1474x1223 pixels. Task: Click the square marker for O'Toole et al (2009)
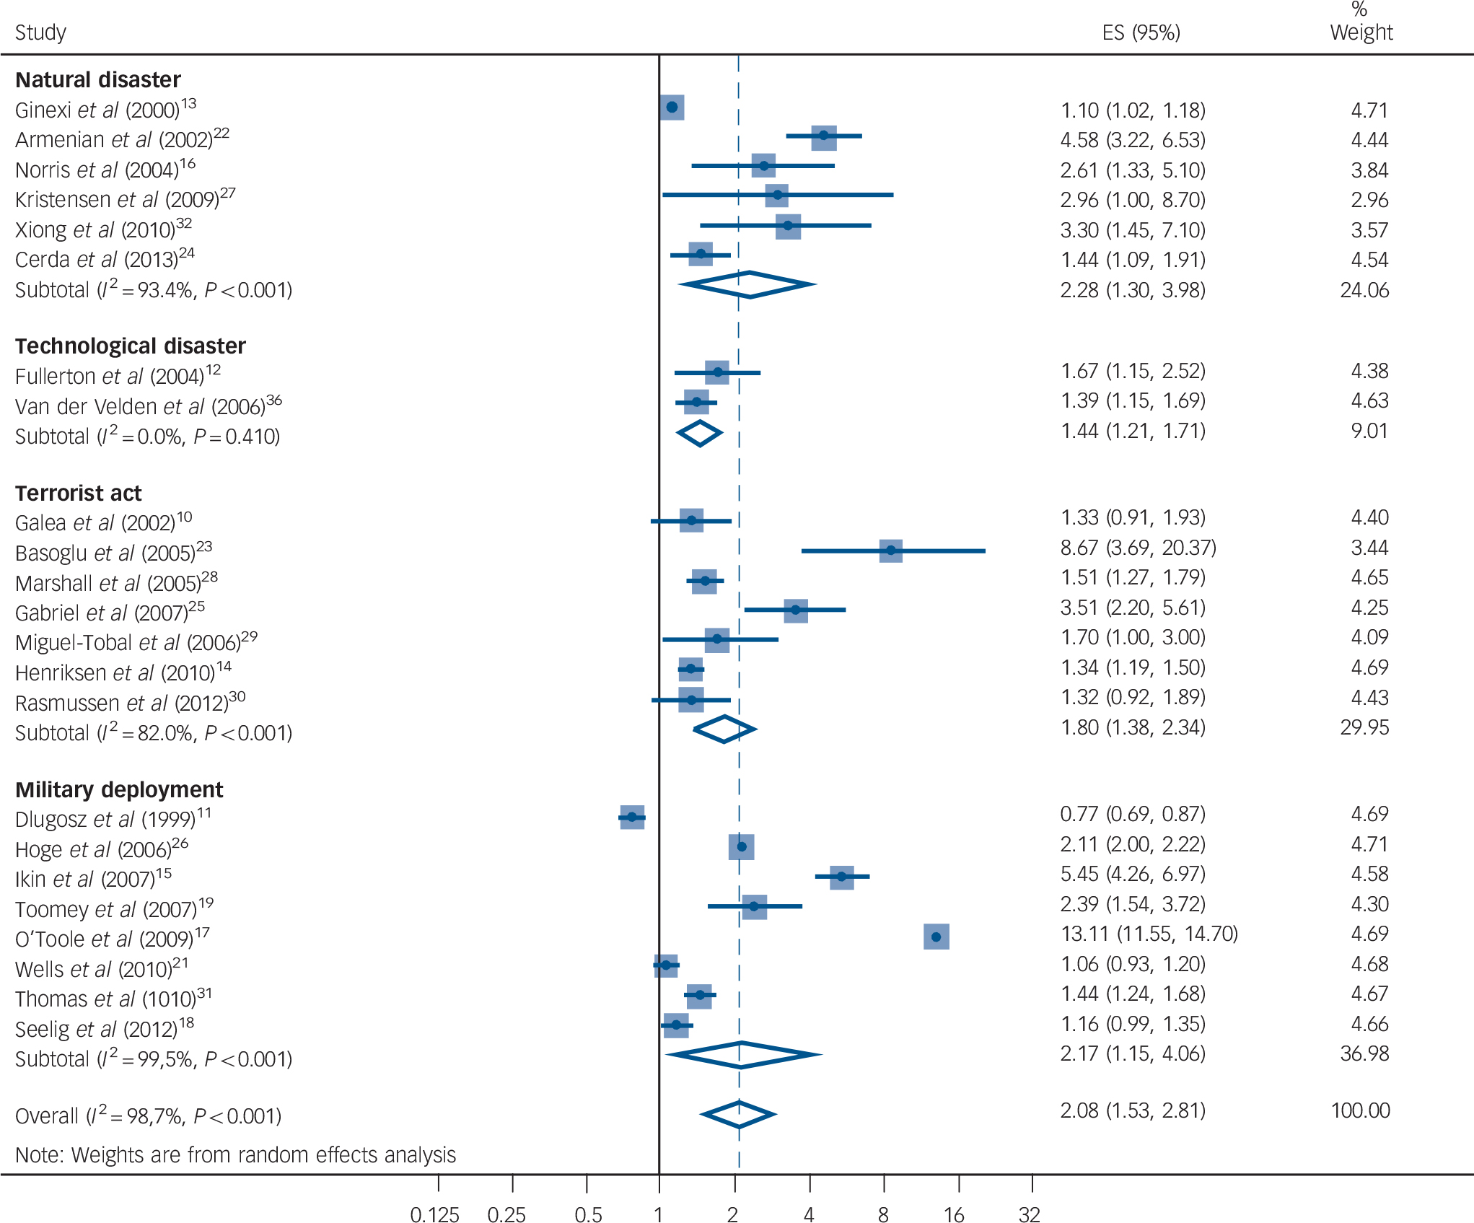tap(936, 937)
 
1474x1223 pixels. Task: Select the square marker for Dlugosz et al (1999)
tap(632, 817)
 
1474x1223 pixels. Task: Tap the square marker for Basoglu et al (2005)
tap(891, 551)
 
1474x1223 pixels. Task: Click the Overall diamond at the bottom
tap(738, 1115)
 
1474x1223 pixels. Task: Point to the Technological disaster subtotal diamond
tap(699, 434)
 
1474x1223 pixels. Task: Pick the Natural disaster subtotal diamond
tap(748, 285)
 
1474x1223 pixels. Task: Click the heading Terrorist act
tap(79, 494)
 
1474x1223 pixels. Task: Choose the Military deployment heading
tap(119, 790)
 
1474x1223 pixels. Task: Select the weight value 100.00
tap(1360, 1110)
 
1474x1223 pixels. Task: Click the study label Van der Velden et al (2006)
tap(148, 407)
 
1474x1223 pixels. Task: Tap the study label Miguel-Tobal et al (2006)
tap(136, 642)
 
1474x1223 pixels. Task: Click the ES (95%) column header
tap(1141, 32)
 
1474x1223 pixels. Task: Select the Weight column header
tap(1361, 32)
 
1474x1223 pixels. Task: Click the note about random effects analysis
tap(235, 1155)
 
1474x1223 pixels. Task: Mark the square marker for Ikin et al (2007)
tap(841, 877)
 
